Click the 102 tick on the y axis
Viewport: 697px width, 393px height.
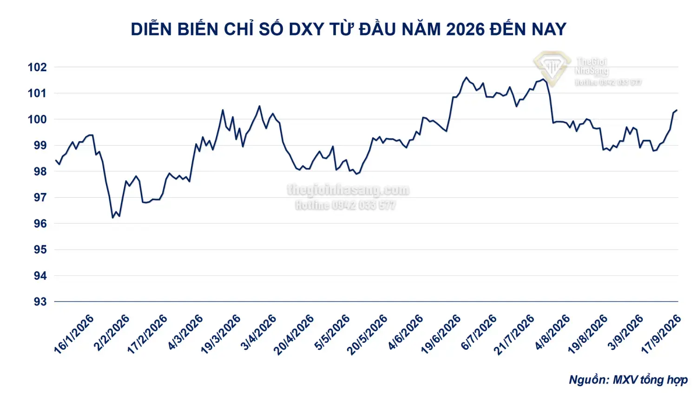(37, 67)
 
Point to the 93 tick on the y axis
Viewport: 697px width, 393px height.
(40, 302)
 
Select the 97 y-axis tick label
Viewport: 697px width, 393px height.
(40, 198)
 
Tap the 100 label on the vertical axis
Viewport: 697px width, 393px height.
(37, 119)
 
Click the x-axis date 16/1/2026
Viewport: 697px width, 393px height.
(74, 334)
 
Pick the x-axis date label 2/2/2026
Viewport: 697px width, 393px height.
(112, 333)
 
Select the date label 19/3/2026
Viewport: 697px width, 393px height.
(221, 334)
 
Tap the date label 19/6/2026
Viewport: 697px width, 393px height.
(441, 334)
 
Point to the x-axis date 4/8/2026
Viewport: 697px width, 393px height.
(552, 333)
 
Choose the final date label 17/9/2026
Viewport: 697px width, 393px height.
(661, 334)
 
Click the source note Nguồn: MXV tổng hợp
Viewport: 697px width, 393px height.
(628, 380)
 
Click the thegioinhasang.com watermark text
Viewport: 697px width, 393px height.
(348, 190)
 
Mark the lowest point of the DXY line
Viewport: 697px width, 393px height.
(112, 218)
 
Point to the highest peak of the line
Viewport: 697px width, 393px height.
(466, 77)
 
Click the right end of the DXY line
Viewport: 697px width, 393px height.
(677, 110)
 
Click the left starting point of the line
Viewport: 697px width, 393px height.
(56, 160)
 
